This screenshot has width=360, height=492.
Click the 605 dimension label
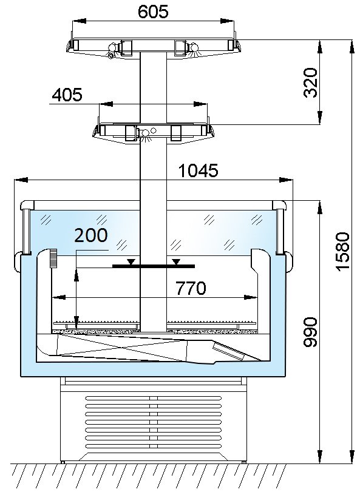tap(153, 12)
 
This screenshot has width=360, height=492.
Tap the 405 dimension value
tap(67, 95)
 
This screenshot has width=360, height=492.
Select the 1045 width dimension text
tap(198, 170)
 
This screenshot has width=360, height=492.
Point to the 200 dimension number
tap(90, 235)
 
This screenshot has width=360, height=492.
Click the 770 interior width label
tap(191, 288)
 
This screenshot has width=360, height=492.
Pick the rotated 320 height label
tap(311, 83)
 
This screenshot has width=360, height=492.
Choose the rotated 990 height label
tap(311, 332)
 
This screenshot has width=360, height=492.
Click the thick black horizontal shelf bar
tap(154, 266)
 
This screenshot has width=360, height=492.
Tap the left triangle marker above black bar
tap(132, 261)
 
